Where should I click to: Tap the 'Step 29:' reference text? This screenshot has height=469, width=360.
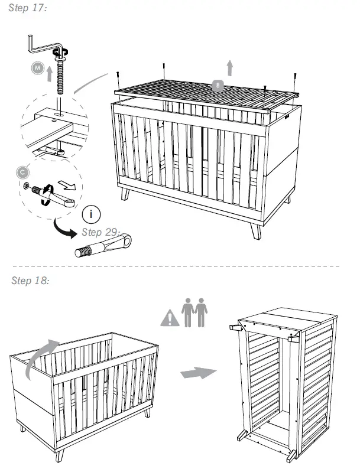point(101,231)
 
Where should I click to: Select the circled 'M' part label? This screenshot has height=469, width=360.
point(38,69)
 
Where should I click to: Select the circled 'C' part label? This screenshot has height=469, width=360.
point(22,172)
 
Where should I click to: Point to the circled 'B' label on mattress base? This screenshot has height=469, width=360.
point(219,85)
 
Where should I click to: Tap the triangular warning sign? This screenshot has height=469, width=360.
point(170,318)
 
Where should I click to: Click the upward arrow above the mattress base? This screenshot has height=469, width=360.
point(229,67)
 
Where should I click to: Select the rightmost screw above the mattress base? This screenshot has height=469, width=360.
point(294,77)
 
